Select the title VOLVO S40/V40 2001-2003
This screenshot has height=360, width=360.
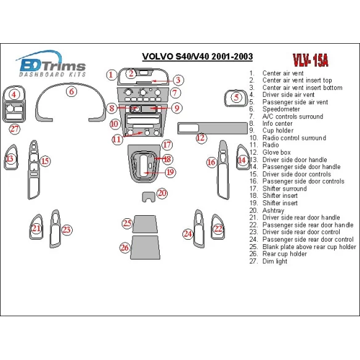click(197, 57)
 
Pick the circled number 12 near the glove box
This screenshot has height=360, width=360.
click(200, 138)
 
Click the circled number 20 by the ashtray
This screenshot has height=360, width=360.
click(162, 194)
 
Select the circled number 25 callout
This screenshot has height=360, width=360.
click(127, 223)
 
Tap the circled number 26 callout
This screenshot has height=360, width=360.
click(125, 247)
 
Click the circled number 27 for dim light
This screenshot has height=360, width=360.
click(14, 129)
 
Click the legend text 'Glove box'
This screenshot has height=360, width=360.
click(276, 152)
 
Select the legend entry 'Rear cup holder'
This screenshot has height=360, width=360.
click(284, 254)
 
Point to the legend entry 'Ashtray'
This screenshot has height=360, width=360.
click(272, 210)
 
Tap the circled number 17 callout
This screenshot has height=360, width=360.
click(166, 145)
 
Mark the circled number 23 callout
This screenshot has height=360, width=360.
click(66, 229)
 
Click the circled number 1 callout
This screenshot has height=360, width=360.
click(110, 75)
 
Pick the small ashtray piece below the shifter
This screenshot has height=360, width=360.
click(148, 197)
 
